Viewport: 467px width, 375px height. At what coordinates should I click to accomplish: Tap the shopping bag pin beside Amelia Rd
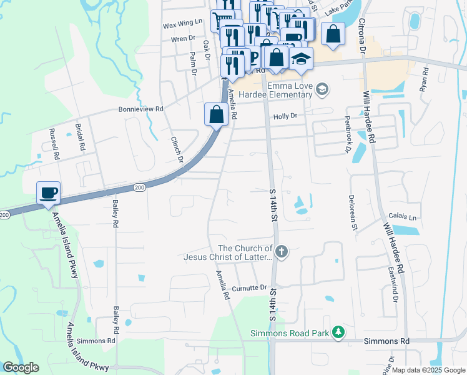[x=216, y=115]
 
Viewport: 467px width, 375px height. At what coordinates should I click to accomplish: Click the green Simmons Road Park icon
[x=338, y=332]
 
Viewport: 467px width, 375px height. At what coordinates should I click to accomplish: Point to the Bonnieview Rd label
[x=140, y=109]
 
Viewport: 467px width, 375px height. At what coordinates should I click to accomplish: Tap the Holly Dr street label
[x=285, y=116]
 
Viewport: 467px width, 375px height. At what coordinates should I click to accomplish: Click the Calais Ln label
[x=403, y=216]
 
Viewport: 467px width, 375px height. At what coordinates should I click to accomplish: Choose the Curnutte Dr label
[x=250, y=287]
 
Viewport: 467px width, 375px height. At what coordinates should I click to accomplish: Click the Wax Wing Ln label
[x=183, y=21]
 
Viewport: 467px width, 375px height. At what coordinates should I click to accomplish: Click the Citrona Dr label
[x=361, y=36]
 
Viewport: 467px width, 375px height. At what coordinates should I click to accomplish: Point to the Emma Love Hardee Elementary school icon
[x=322, y=88]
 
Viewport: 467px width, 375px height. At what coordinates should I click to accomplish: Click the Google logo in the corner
[x=20, y=367]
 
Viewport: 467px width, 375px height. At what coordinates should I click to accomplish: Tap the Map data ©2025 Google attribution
[x=428, y=370]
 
